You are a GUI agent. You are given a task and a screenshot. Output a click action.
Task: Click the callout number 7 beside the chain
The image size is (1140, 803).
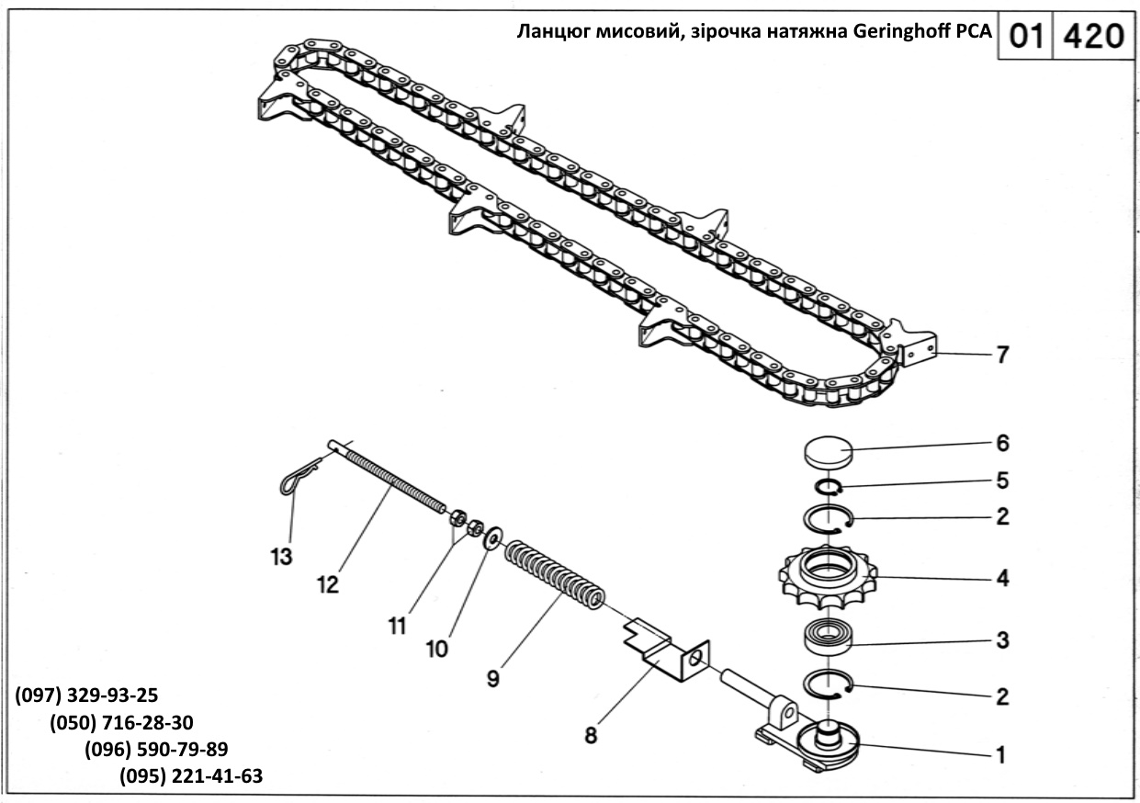point(1002,354)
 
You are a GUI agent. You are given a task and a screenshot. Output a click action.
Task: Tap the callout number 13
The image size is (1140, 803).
point(281,556)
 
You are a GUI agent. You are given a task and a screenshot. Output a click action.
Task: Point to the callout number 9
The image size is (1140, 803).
point(493,678)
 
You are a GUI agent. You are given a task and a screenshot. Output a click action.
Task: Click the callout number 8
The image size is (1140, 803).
point(590,735)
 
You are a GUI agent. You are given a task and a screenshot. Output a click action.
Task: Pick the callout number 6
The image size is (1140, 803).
point(1002,444)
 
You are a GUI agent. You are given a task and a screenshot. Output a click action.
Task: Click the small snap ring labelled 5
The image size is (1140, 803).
point(828,487)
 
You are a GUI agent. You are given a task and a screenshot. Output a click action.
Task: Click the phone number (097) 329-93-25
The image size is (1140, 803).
point(86,695)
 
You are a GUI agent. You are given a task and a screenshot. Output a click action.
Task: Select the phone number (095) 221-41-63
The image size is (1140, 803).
point(191,776)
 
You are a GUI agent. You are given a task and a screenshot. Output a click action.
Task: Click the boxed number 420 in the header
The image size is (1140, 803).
point(1091,36)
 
